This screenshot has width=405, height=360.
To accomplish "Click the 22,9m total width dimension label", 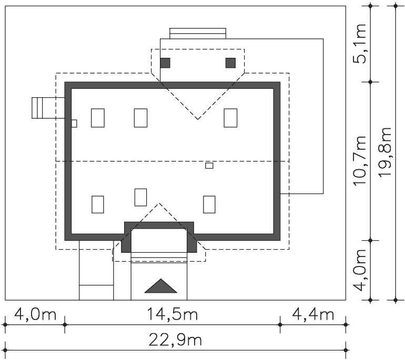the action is (x=175, y=340).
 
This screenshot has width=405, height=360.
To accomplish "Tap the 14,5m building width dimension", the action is (x=173, y=314).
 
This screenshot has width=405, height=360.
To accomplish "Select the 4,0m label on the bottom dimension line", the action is (x=35, y=314).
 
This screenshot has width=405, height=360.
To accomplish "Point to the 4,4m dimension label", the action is (x=313, y=314).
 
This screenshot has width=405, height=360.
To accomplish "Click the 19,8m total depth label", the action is (x=384, y=152).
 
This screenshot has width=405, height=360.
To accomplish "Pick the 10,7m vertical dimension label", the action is (x=359, y=160).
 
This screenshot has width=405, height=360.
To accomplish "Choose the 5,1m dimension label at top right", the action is (x=359, y=44).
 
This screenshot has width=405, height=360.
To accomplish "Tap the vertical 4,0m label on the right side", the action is (x=359, y=270).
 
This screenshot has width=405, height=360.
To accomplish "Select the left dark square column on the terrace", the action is (x=165, y=63).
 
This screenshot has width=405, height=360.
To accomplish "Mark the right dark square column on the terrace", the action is (x=230, y=63).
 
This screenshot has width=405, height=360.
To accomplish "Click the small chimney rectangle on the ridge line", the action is (x=209, y=166).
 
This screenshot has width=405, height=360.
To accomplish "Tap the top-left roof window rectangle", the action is (x=98, y=118).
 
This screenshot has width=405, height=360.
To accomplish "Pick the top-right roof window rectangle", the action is (x=230, y=118).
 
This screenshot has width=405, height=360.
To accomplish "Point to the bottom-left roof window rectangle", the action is (x=98, y=204).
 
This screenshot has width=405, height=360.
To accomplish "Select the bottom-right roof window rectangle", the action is (x=209, y=204).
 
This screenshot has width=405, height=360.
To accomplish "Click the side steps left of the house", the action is (x=48, y=108).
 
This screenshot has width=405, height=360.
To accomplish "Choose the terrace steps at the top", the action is (x=198, y=33).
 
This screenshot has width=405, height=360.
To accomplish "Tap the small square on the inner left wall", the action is (x=74, y=124).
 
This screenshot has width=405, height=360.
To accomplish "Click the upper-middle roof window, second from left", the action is (x=141, y=118).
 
